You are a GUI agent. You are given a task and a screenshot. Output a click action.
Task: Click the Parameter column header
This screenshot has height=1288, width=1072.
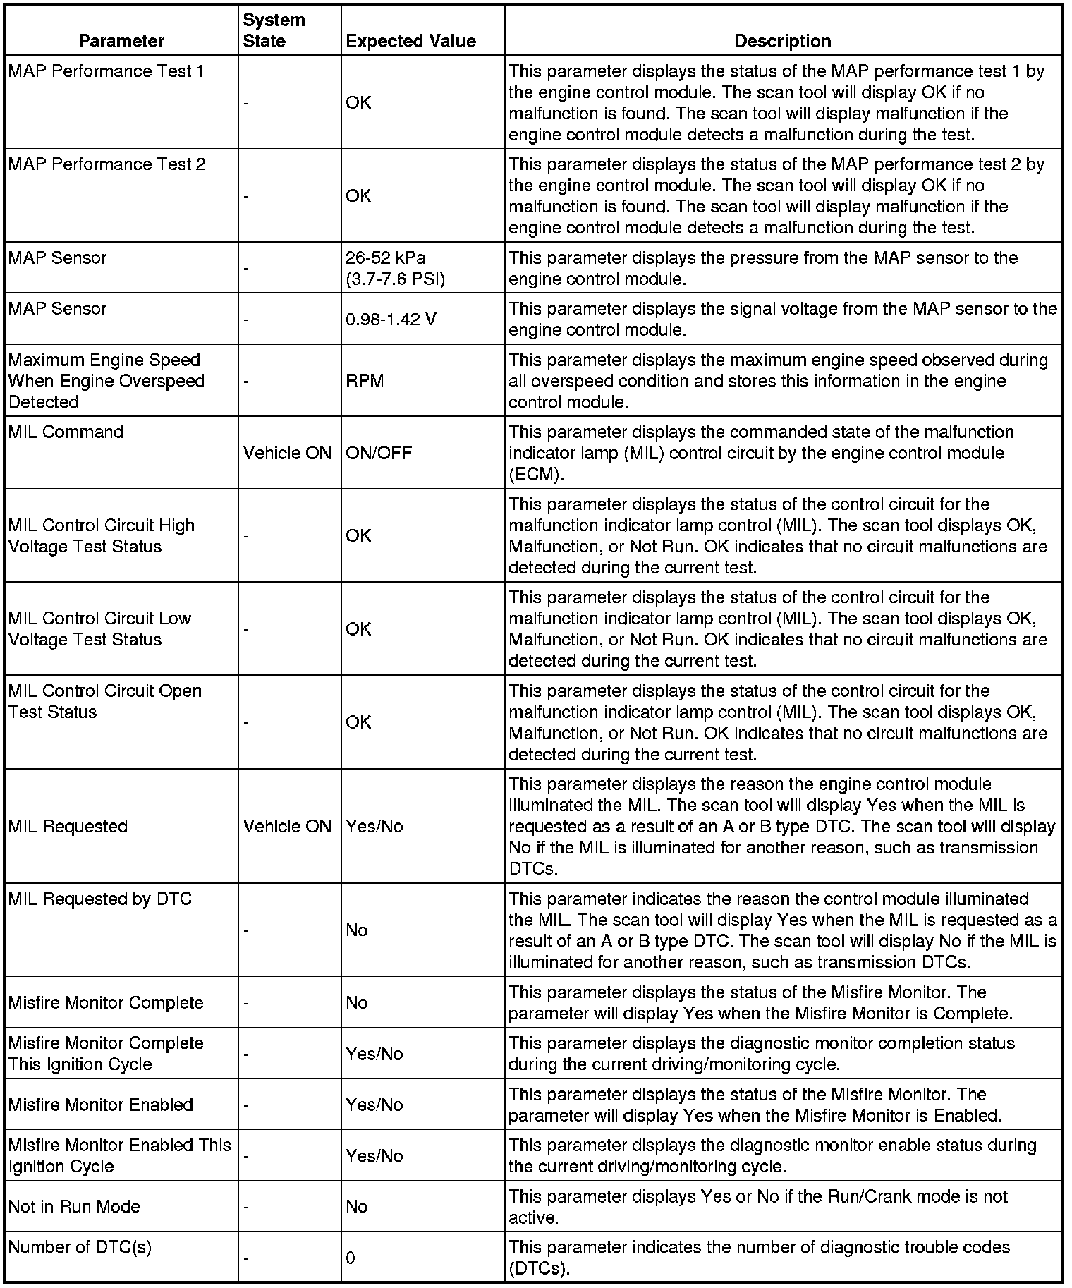click(121, 41)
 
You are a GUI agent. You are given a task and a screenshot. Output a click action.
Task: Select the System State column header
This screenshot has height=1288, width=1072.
click(274, 30)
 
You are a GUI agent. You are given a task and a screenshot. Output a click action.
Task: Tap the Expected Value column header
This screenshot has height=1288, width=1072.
click(410, 41)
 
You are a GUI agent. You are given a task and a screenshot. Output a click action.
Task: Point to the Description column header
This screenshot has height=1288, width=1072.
click(783, 41)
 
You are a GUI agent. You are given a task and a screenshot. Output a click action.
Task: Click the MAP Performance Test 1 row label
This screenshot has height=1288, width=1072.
click(106, 71)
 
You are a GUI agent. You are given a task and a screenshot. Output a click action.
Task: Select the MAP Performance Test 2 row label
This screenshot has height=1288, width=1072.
click(107, 164)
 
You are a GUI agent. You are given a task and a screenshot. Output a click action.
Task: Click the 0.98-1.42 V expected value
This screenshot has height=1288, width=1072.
click(391, 320)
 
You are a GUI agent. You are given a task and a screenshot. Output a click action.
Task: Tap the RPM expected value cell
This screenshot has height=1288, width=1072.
click(365, 381)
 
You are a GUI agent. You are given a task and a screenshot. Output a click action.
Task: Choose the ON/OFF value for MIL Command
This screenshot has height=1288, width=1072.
click(379, 453)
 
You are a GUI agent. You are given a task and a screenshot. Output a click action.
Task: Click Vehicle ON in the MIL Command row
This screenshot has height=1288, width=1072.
click(287, 453)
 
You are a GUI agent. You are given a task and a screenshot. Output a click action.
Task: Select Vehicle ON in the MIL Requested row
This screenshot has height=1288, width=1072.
click(287, 826)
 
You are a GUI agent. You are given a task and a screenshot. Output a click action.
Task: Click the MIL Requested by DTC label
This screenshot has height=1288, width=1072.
click(99, 899)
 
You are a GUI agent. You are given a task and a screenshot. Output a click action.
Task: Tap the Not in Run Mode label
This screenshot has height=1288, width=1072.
click(74, 1206)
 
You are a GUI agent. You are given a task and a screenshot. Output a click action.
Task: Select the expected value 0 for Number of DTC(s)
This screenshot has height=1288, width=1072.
click(351, 1258)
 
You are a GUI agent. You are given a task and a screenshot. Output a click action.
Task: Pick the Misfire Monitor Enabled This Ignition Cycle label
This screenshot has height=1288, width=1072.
click(119, 1155)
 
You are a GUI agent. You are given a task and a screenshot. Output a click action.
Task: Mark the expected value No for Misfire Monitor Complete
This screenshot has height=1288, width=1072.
click(357, 1002)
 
